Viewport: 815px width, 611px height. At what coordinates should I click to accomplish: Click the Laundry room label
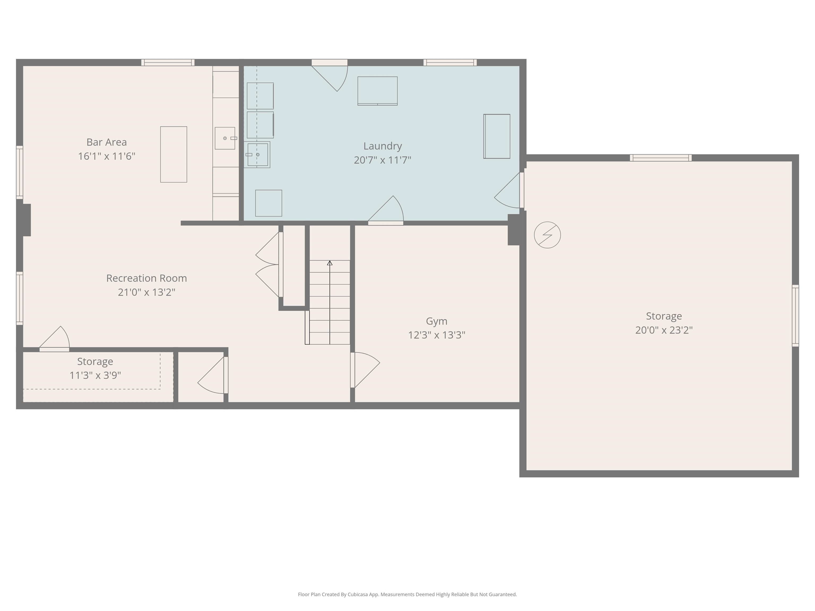click(x=383, y=146)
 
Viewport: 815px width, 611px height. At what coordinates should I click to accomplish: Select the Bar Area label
click(x=106, y=142)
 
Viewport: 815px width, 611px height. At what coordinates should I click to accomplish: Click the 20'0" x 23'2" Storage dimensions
click(x=664, y=330)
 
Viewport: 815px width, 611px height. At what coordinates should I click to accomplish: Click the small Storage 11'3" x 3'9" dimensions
click(x=95, y=375)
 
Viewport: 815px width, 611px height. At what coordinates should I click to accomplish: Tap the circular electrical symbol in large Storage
click(x=547, y=235)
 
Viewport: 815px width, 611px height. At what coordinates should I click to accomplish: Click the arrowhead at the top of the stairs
click(x=330, y=263)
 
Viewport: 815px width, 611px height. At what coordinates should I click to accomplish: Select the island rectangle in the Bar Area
click(x=174, y=154)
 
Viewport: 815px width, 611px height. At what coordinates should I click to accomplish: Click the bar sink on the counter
click(x=225, y=138)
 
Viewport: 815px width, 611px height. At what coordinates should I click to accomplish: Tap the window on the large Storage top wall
click(x=660, y=158)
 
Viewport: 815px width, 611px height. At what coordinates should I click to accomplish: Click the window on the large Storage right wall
click(x=795, y=316)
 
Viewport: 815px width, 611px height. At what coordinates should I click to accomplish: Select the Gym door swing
click(x=365, y=368)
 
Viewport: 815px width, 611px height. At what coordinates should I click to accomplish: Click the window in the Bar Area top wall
click(x=168, y=63)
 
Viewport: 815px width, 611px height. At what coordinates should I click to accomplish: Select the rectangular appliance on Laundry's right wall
click(x=497, y=136)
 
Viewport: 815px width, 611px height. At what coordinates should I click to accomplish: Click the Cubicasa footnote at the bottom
click(x=407, y=594)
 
